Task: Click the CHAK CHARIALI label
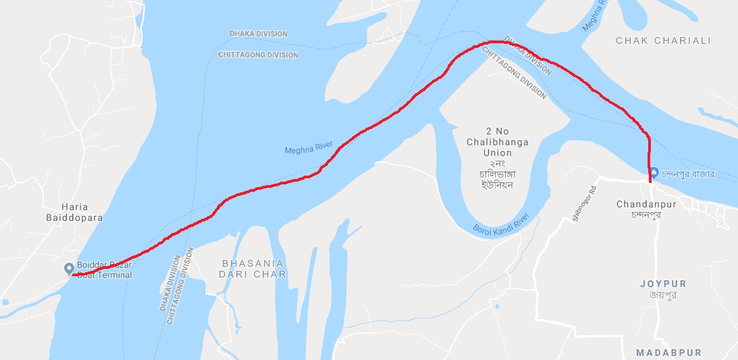663,41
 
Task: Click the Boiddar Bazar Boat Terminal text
104,270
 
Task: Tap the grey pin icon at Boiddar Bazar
68,269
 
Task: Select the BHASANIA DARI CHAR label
254,269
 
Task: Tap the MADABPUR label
668,353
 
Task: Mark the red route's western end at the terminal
72,275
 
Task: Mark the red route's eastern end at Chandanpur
650,181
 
